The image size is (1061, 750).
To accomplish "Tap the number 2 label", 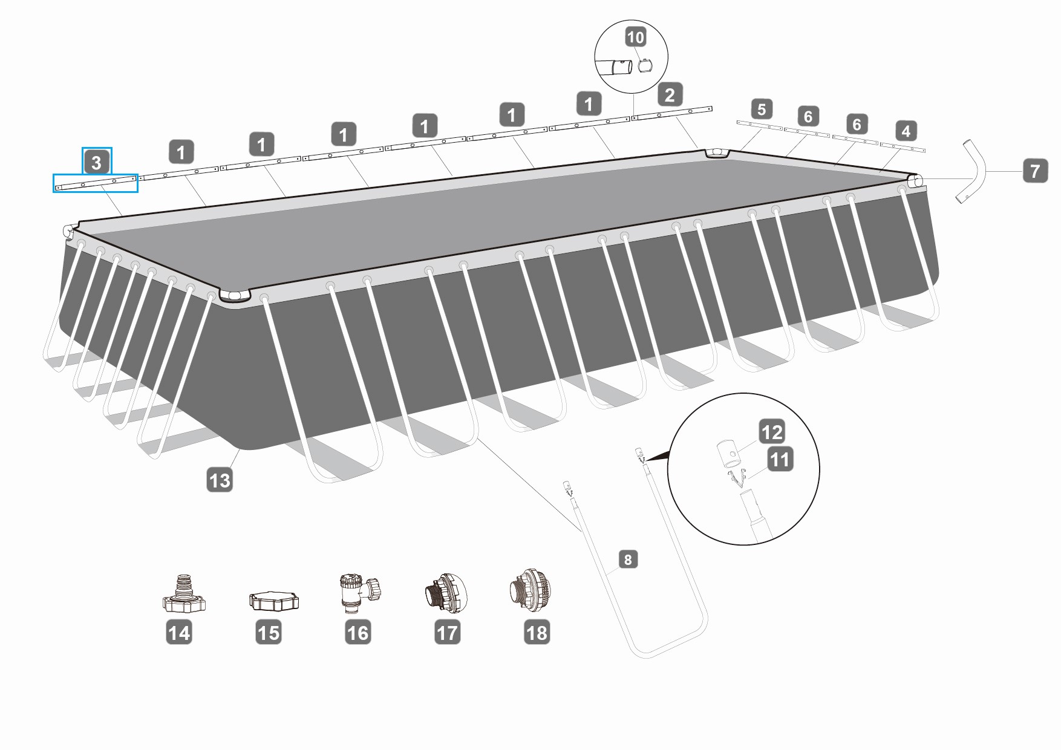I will pos(669,95).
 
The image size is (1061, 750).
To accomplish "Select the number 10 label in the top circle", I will pos(635,37).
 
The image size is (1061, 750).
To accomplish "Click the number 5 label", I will pos(761,109).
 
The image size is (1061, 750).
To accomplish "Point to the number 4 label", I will pos(905,131).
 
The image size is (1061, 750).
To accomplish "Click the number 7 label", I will pos(1035,171).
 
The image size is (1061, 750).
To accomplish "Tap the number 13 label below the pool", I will pos(220,480).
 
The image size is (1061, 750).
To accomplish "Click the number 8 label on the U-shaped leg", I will pos(628,559).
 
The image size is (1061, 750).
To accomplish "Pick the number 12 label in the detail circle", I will pos(772,432).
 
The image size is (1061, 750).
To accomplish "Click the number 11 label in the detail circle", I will pos(779,460).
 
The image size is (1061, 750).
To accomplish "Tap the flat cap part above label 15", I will pos(274,601).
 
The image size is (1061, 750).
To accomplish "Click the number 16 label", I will pos(357,633).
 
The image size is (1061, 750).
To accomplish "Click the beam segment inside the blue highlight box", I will pos(95,183).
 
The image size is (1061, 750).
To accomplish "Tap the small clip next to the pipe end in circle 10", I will pos(646,64).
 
